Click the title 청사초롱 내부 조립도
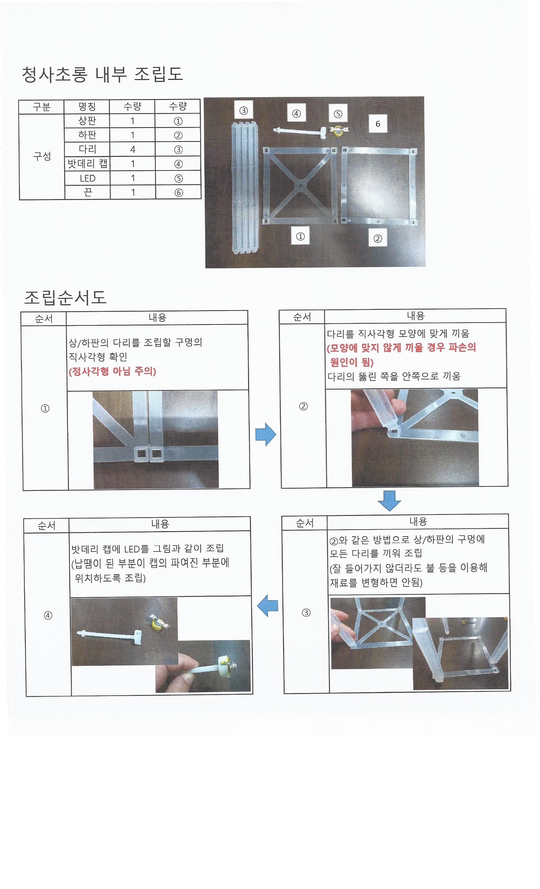(103, 75)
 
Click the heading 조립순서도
(65, 297)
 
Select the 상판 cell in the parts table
(87, 121)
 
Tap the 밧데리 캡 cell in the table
(87, 164)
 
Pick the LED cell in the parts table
(87, 178)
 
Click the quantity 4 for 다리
(132, 149)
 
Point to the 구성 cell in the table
(42, 156)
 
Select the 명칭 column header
(87, 106)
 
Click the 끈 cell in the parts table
(88, 192)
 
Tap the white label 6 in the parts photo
(378, 124)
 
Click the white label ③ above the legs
(244, 110)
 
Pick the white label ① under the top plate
(300, 236)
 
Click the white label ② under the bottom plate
(378, 238)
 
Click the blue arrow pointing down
(389, 501)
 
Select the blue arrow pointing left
(267, 606)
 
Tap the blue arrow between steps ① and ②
(266, 434)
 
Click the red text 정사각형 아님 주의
(112, 371)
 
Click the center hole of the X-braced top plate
(300, 186)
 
